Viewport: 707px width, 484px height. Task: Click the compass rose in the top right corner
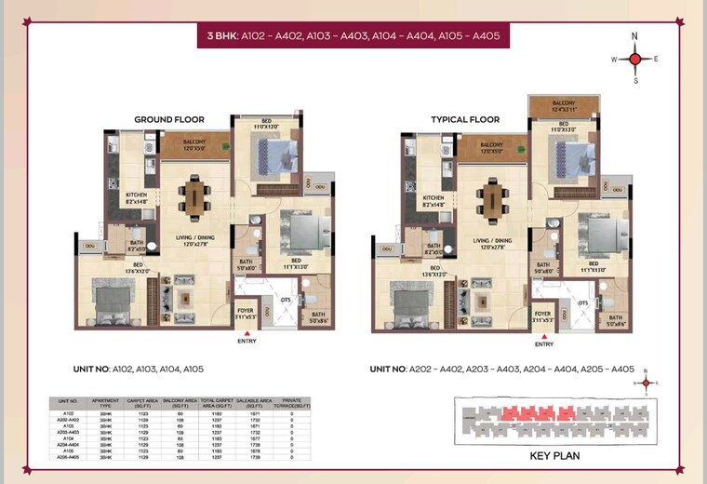[x=635, y=59]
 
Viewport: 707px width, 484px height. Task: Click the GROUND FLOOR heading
[x=169, y=119]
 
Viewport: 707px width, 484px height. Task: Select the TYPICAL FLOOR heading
[x=465, y=119]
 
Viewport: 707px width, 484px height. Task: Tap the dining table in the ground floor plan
[x=195, y=197]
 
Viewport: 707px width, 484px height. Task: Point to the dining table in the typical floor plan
[x=492, y=198]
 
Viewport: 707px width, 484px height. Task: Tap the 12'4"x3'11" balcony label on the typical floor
[x=564, y=106]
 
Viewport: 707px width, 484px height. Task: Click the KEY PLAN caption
[x=555, y=456]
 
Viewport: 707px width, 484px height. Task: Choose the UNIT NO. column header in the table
[x=68, y=402]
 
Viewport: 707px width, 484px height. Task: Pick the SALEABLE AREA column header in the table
[x=254, y=402]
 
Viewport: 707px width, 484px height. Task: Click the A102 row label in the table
[x=68, y=412]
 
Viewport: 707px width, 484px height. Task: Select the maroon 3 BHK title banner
[x=353, y=36]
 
